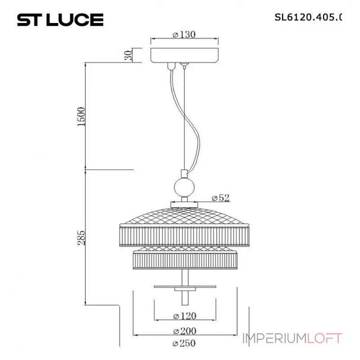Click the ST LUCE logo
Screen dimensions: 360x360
click(x=60, y=19)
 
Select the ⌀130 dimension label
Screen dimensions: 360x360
click(x=184, y=35)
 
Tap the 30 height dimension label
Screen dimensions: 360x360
click(x=128, y=56)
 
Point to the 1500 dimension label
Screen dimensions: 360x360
click(x=81, y=117)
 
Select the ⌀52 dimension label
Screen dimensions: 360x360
click(x=220, y=198)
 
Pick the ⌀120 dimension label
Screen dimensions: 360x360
click(x=184, y=315)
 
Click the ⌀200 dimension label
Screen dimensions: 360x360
click(x=184, y=331)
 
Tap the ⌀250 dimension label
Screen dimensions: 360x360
click(x=184, y=344)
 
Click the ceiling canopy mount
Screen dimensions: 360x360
click(x=184, y=55)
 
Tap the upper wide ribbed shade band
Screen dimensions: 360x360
click(x=184, y=235)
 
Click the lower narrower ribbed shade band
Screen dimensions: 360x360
click(x=184, y=260)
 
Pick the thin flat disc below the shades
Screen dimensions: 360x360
click(x=184, y=286)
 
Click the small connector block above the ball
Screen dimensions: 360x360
click(x=184, y=173)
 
